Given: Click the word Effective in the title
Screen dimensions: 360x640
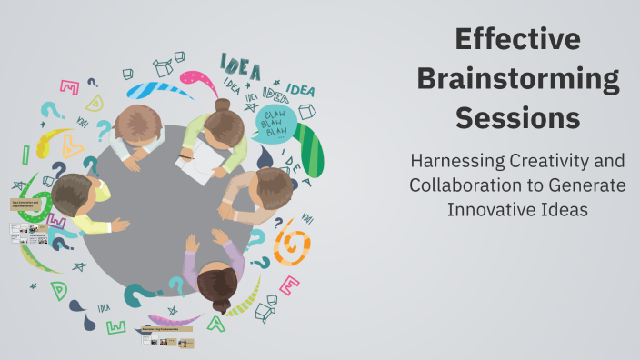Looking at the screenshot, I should [x=517, y=40].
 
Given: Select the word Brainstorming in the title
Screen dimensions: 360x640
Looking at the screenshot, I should [x=517, y=79].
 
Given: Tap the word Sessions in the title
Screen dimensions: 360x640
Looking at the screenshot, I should [x=517, y=118].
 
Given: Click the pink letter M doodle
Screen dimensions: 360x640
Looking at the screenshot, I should [x=69, y=87].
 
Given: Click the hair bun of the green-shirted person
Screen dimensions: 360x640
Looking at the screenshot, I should [x=223, y=105].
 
